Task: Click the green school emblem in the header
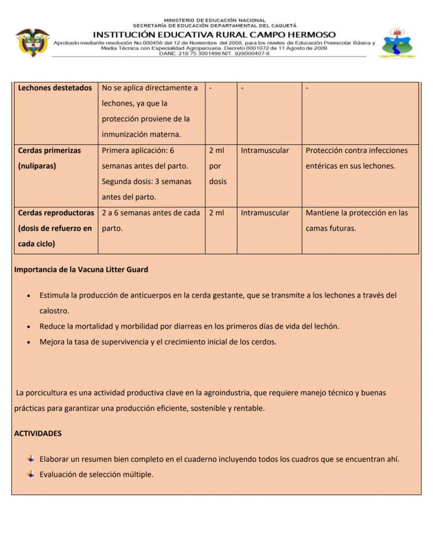pyautogui.click(x=397, y=43)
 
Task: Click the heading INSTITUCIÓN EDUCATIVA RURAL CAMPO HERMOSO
pyautogui.click(x=214, y=35)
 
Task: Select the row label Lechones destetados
pyautogui.click(x=55, y=88)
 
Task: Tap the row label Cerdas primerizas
pyautogui.click(x=50, y=151)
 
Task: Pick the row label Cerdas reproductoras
pyautogui.click(x=56, y=213)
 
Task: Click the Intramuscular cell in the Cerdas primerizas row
pyautogui.click(x=265, y=151)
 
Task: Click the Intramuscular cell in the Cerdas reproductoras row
pyautogui.click(x=265, y=213)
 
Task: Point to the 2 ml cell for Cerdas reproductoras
pyautogui.click(x=216, y=213)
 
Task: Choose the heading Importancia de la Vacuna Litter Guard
pyautogui.click(x=81, y=270)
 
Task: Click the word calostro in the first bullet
pyautogui.click(x=54, y=311)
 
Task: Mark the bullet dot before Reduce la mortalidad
pyautogui.click(x=28, y=327)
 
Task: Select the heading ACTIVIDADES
pyautogui.click(x=38, y=433)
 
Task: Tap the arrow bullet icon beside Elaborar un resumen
pyautogui.click(x=31, y=459)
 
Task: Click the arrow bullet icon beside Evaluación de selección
pyautogui.click(x=31, y=474)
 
